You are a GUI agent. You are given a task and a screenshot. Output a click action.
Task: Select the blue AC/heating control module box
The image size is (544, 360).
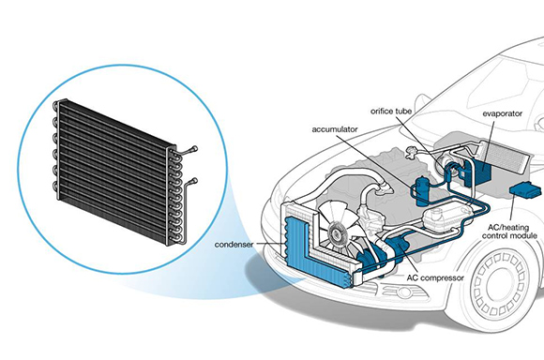(x=522, y=189)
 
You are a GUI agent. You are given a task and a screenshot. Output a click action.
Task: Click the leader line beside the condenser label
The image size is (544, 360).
(x=273, y=247)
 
